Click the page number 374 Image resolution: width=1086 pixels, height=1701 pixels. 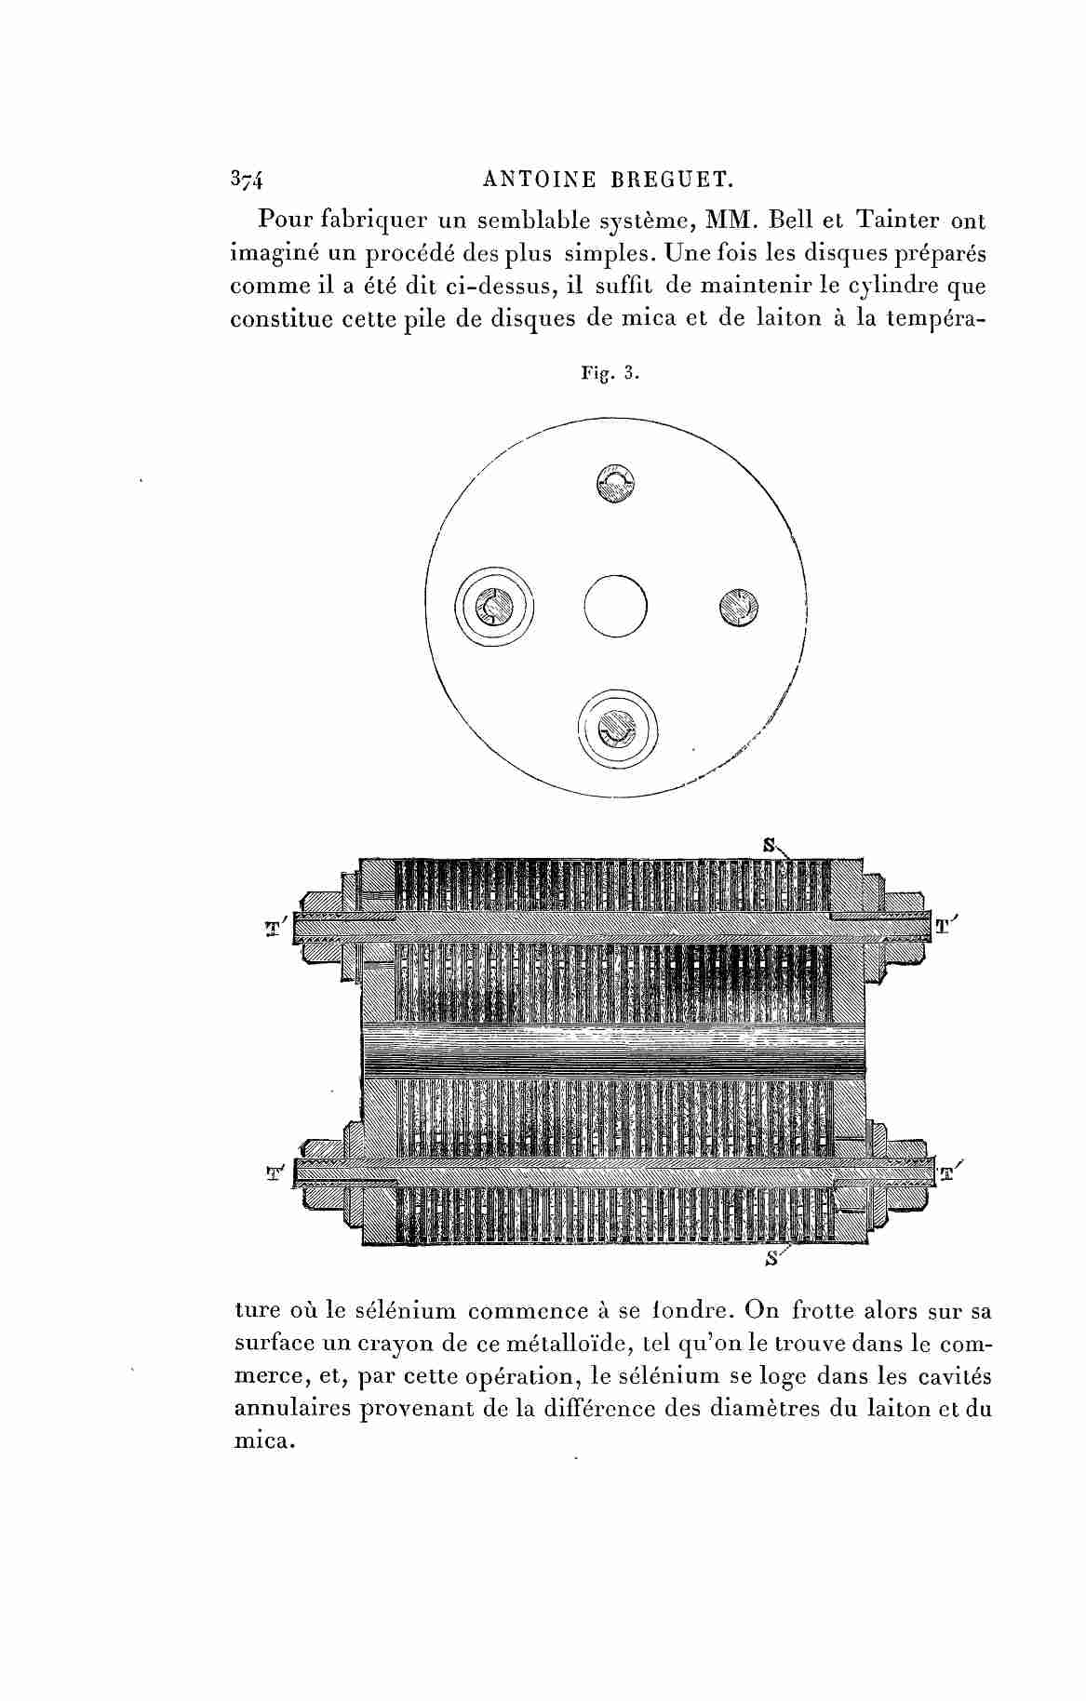coord(246,180)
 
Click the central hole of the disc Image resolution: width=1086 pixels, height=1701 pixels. coord(615,606)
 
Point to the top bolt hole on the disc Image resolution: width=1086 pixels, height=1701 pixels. coord(615,484)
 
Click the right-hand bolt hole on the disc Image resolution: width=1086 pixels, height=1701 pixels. coord(739,609)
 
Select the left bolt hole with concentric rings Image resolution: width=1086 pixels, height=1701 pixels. coord(494,606)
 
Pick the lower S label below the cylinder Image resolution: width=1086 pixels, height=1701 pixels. coord(771,1259)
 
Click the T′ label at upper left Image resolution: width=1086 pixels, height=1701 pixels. coord(275,929)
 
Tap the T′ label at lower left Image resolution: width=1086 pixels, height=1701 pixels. coord(275,1172)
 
